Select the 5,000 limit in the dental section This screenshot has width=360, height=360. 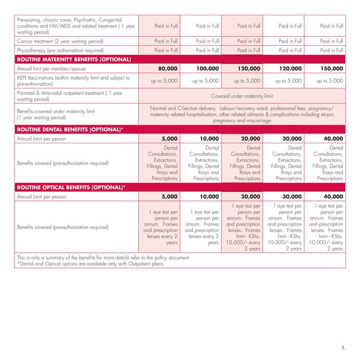tap(166, 138)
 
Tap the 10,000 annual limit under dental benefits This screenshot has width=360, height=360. tap(207, 138)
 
